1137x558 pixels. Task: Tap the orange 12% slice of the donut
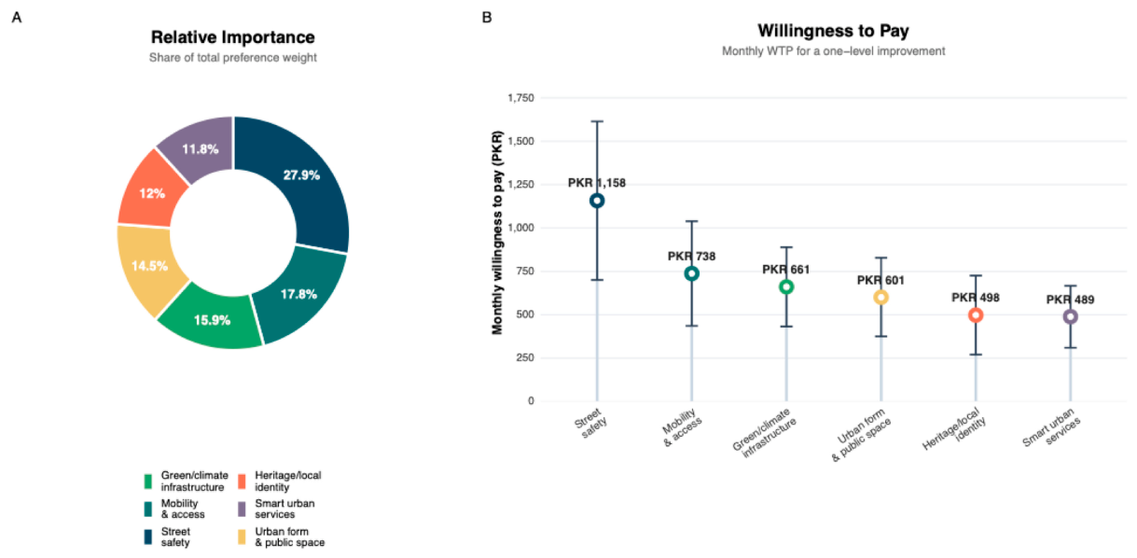(x=151, y=193)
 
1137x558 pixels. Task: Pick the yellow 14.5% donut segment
(x=149, y=266)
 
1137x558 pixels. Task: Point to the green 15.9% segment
(x=212, y=320)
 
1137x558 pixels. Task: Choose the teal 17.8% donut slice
(x=299, y=295)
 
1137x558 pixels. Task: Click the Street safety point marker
(x=597, y=201)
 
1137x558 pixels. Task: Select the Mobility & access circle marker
(x=691, y=273)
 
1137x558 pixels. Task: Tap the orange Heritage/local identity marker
(x=975, y=315)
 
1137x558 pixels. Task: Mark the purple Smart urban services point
(x=1070, y=317)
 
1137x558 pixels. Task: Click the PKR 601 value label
(x=880, y=280)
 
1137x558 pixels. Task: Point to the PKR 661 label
(x=785, y=270)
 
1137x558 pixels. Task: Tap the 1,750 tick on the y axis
(x=520, y=97)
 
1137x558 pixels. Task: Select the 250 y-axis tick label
(x=526, y=358)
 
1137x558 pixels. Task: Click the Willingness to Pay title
(x=833, y=31)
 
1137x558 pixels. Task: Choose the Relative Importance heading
(x=233, y=37)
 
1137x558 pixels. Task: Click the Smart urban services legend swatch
(x=243, y=509)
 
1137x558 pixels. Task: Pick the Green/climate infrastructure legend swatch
(x=147, y=481)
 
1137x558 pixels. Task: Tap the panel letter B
(x=487, y=18)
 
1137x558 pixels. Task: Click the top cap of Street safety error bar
(x=597, y=121)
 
